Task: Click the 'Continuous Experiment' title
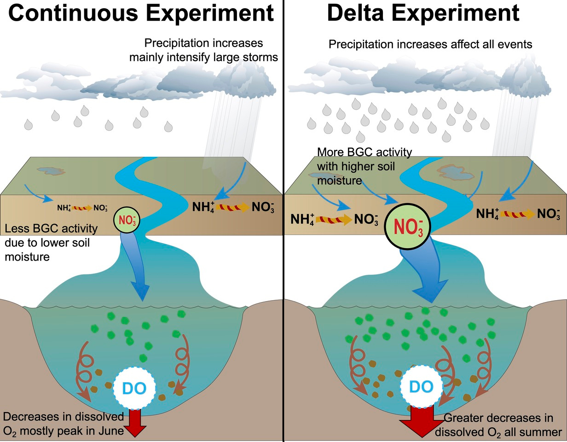coord(141,13)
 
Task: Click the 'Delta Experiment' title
coord(423,13)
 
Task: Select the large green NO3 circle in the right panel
coord(408,227)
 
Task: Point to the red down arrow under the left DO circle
coord(135,422)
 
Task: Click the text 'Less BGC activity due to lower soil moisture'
coord(51,242)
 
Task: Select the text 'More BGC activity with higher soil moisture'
coord(364,166)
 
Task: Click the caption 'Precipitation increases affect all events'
coord(430,45)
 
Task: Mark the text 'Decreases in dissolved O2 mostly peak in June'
coord(64,424)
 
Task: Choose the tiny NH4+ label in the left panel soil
coord(64,208)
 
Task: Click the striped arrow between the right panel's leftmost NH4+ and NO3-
coord(333,219)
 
